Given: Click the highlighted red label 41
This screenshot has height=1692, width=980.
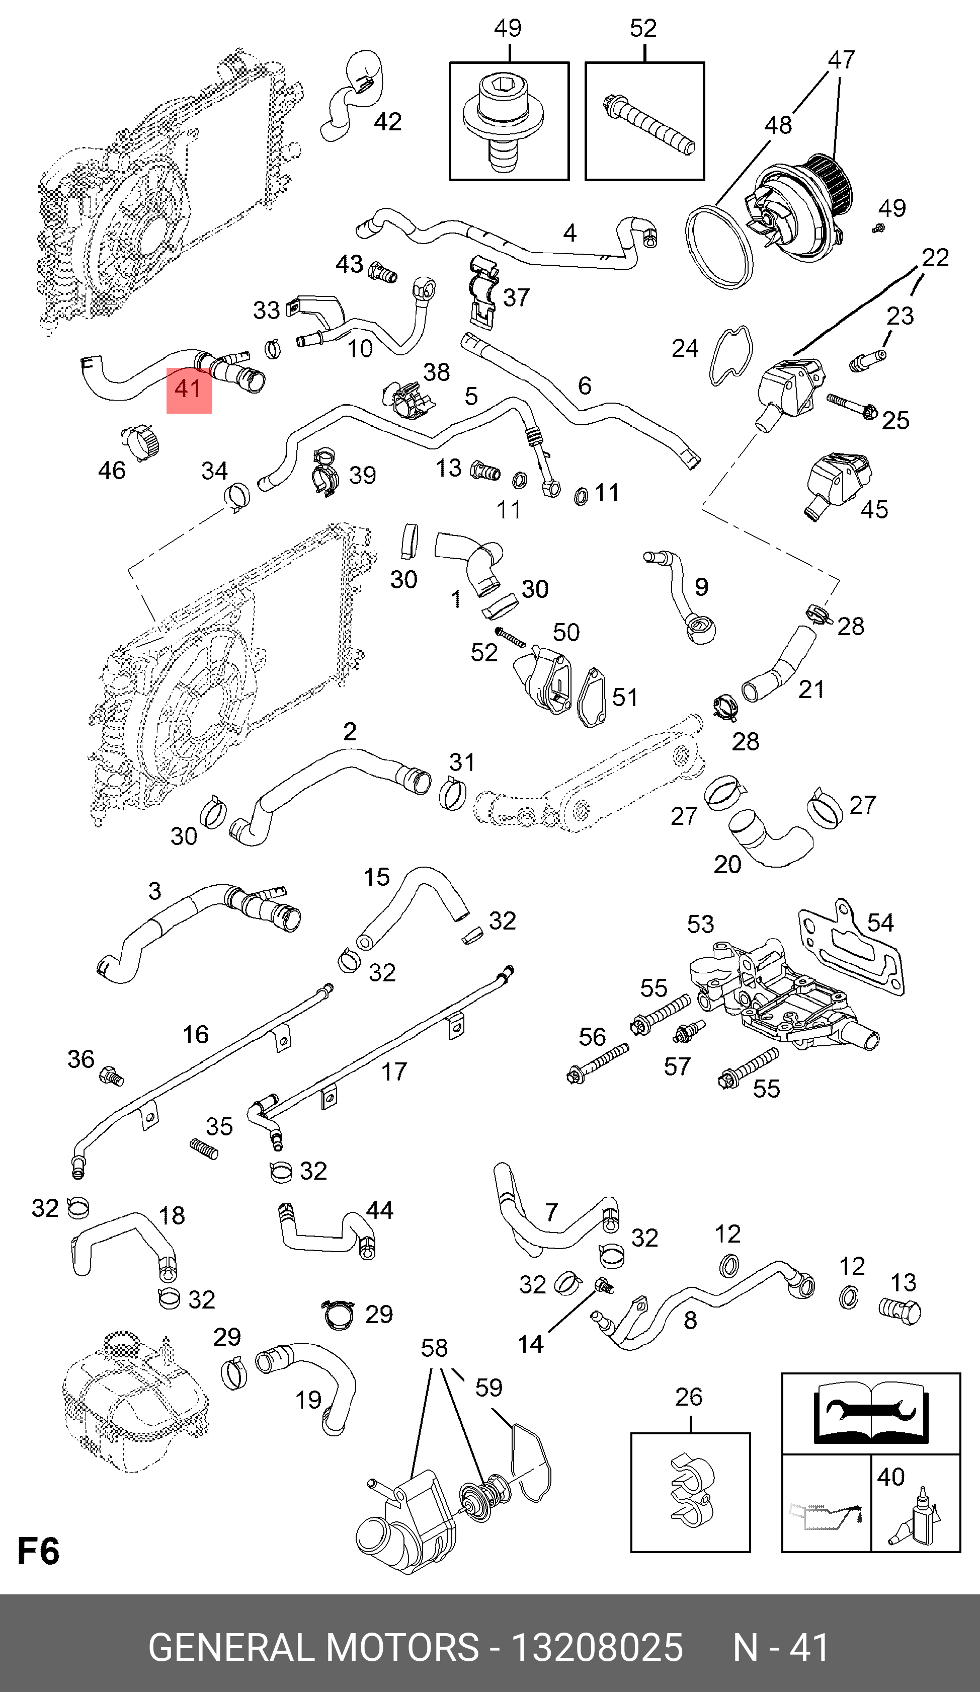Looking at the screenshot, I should click(189, 390).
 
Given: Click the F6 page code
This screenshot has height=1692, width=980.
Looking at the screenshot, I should click(38, 1551).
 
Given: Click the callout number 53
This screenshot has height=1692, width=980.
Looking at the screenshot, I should click(700, 925).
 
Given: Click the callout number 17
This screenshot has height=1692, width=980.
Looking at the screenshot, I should click(394, 1071).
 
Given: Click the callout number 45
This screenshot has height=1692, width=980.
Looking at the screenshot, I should click(874, 510).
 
